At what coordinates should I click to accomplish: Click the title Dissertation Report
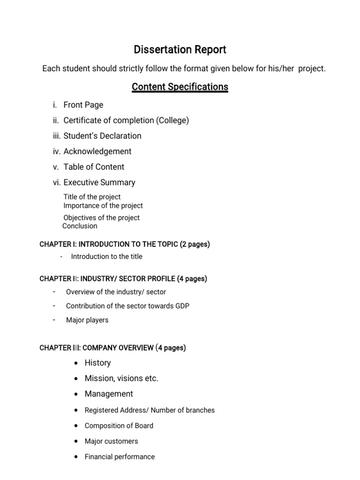click(x=180, y=50)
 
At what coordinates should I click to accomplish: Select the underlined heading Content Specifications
click(x=180, y=87)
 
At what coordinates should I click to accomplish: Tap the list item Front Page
click(x=83, y=105)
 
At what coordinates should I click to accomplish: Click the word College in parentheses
click(x=172, y=120)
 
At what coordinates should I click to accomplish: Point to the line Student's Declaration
click(x=102, y=136)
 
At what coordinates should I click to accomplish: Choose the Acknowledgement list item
click(x=97, y=151)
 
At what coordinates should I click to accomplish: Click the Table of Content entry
click(x=94, y=167)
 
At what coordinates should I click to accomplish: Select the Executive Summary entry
click(x=99, y=182)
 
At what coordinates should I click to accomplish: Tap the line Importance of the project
click(x=103, y=206)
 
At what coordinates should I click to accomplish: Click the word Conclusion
click(x=80, y=226)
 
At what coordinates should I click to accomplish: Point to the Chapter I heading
click(x=125, y=244)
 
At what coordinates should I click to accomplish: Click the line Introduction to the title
click(x=106, y=256)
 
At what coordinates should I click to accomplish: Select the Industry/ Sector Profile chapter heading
click(x=123, y=279)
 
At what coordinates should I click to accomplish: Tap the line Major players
click(x=87, y=320)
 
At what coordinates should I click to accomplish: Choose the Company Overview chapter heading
click(x=112, y=348)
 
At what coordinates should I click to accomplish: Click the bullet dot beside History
click(x=76, y=363)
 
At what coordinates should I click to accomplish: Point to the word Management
click(x=109, y=394)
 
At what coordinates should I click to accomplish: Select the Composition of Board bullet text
click(x=119, y=426)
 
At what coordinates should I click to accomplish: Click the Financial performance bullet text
click(x=120, y=457)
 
